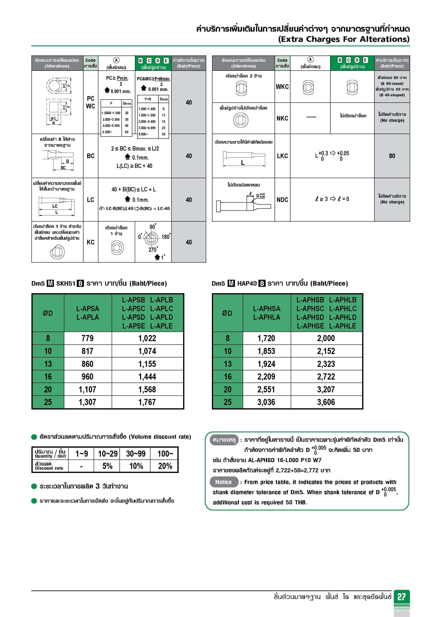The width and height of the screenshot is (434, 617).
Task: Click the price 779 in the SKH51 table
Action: (87, 338)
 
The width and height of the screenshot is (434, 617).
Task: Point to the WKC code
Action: (282, 87)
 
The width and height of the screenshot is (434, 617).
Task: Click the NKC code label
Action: (282, 118)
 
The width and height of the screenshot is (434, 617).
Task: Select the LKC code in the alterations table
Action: (282, 156)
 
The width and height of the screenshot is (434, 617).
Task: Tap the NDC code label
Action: (282, 200)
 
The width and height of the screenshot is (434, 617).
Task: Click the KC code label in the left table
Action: (90, 242)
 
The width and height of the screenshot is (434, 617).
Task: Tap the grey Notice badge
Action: (224, 482)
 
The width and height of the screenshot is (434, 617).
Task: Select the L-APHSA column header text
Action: (266, 308)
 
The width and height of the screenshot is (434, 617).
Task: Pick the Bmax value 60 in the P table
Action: (126, 132)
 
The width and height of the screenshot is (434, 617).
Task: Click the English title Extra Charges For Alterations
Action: (344, 39)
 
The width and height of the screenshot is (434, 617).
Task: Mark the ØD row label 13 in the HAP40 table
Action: (227, 364)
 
